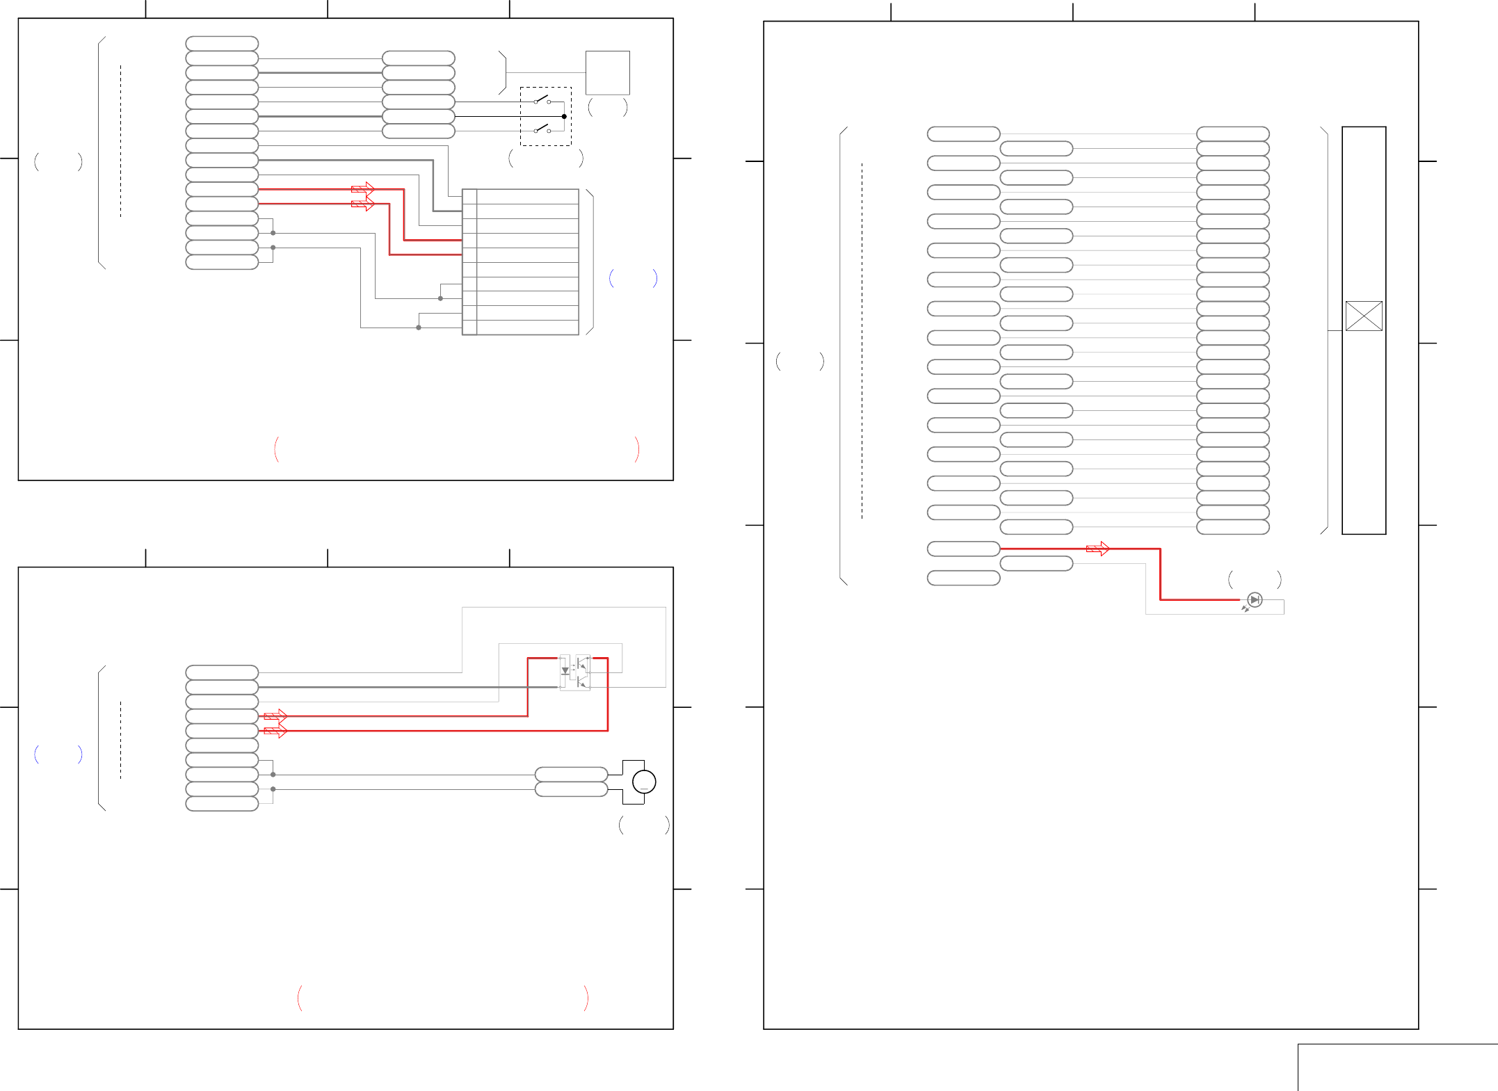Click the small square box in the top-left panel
pos(607,72)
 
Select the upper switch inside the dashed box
pos(542,99)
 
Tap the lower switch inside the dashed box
pos(542,129)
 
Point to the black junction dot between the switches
pos(564,116)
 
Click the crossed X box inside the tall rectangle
pos(1363,316)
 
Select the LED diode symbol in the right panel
pos(1255,599)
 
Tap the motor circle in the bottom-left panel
pos(644,782)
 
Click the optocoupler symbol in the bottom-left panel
pos(574,672)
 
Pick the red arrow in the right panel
pos(1097,549)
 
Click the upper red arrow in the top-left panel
pos(362,188)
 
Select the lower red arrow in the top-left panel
pos(362,204)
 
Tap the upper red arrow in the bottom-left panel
pos(275,716)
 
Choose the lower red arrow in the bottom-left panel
pos(275,731)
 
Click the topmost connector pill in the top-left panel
pos(222,43)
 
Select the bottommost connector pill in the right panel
pos(963,578)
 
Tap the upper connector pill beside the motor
pos(571,774)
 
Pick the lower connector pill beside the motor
pos(571,789)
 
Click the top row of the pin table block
pos(520,196)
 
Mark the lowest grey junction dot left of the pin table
pos(418,328)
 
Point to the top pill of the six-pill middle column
pos(418,58)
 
